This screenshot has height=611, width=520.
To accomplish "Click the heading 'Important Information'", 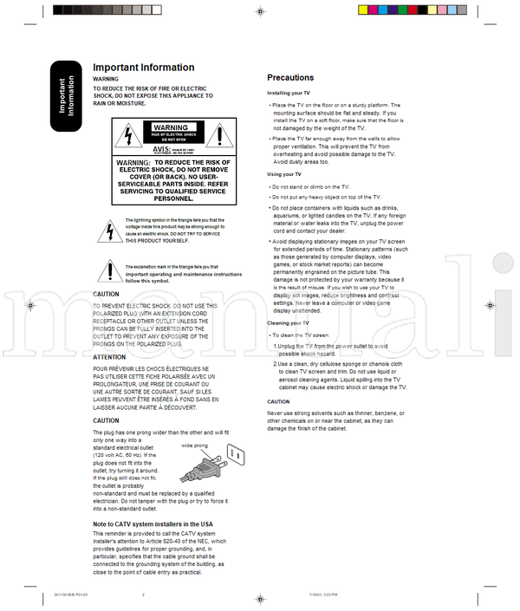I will [x=144, y=68].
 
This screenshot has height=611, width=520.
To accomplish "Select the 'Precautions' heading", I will [x=290, y=78].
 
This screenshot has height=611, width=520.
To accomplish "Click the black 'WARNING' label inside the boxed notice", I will [x=170, y=127].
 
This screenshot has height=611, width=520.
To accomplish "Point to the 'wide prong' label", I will [x=194, y=445].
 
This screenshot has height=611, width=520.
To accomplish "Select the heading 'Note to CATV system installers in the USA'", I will [x=153, y=524].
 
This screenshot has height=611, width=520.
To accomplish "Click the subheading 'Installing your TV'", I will [x=289, y=93].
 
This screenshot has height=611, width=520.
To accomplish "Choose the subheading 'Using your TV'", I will [x=284, y=175].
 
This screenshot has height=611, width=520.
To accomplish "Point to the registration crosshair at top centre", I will [x=260, y=11].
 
